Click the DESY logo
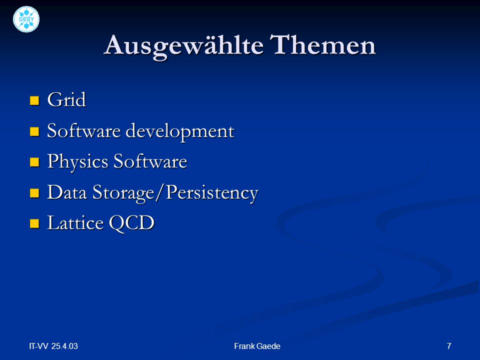(x=26, y=19)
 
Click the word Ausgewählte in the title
(x=183, y=46)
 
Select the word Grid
(x=66, y=99)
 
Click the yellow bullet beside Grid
(x=34, y=100)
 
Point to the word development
(x=180, y=131)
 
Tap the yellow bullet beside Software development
(x=34, y=131)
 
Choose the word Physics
(x=78, y=162)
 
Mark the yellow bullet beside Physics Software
(x=34, y=162)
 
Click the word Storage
(x=123, y=193)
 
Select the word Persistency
(x=212, y=193)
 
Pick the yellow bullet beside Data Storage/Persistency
(x=34, y=193)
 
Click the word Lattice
(x=75, y=222)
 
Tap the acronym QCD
(x=131, y=223)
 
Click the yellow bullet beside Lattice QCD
(x=34, y=223)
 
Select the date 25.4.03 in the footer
(x=64, y=346)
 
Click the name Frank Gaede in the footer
(x=257, y=346)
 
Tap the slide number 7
(x=449, y=346)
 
